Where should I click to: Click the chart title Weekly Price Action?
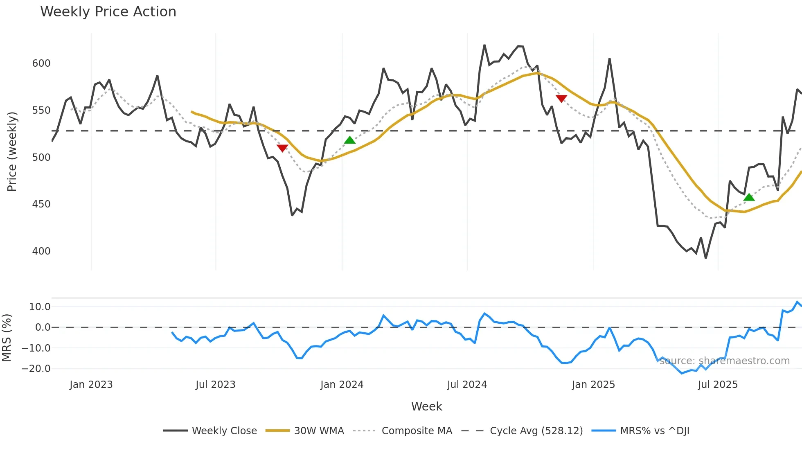click(x=108, y=12)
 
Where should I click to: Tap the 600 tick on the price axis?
click(x=41, y=63)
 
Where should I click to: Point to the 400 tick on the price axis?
click(x=41, y=251)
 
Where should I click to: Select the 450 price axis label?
click(x=41, y=204)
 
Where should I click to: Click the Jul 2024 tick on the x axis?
click(x=467, y=385)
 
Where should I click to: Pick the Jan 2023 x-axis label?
click(x=91, y=385)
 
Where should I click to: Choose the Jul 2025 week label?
click(x=718, y=385)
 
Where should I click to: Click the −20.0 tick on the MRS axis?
click(x=36, y=369)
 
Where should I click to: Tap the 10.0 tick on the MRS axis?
click(x=40, y=307)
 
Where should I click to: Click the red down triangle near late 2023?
click(x=282, y=148)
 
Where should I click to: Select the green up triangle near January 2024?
click(x=350, y=140)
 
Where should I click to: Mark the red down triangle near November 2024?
click(x=561, y=98)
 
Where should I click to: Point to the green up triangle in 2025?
click(x=749, y=197)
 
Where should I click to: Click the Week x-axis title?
click(x=426, y=406)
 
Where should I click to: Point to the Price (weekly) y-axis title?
click(x=12, y=151)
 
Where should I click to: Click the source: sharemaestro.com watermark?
click(x=725, y=361)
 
